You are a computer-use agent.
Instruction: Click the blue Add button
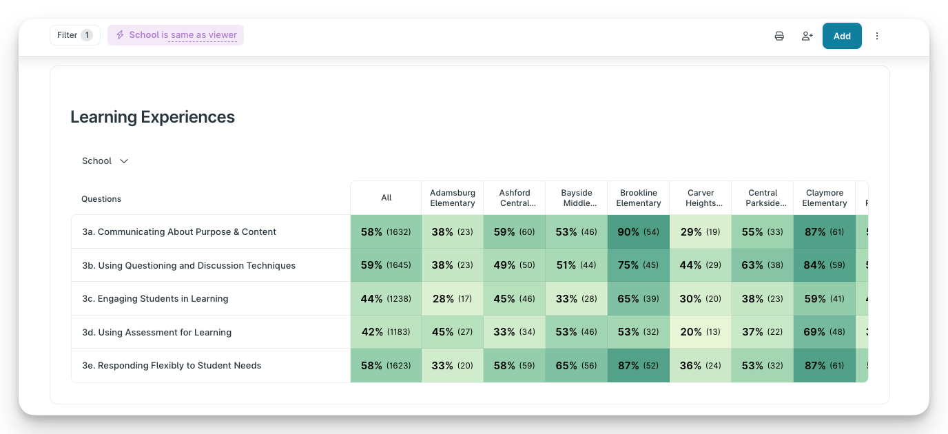click(842, 36)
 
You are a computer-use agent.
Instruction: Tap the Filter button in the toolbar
click(74, 35)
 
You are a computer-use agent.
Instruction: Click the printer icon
click(779, 36)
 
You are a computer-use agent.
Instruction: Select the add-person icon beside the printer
click(807, 36)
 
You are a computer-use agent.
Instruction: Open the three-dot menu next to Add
click(877, 36)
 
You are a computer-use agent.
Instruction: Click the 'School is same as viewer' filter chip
click(176, 35)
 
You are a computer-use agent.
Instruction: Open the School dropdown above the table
click(105, 161)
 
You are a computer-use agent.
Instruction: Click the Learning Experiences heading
click(152, 117)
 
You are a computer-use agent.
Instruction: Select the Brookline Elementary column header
click(639, 198)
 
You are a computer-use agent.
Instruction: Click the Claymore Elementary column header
click(825, 198)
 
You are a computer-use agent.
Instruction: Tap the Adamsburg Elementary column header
click(453, 198)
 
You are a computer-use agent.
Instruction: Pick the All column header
click(387, 198)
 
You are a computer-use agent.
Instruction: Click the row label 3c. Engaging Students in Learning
click(155, 299)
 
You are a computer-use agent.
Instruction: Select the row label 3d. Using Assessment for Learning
click(156, 332)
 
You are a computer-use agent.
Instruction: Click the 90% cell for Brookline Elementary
click(638, 232)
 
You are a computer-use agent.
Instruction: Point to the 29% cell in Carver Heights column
click(700, 232)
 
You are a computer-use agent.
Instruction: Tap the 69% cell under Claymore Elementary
click(824, 332)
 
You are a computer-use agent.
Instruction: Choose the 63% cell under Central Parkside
click(762, 265)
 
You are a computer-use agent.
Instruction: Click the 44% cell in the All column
click(386, 299)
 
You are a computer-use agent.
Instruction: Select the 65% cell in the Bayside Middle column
click(576, 366)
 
